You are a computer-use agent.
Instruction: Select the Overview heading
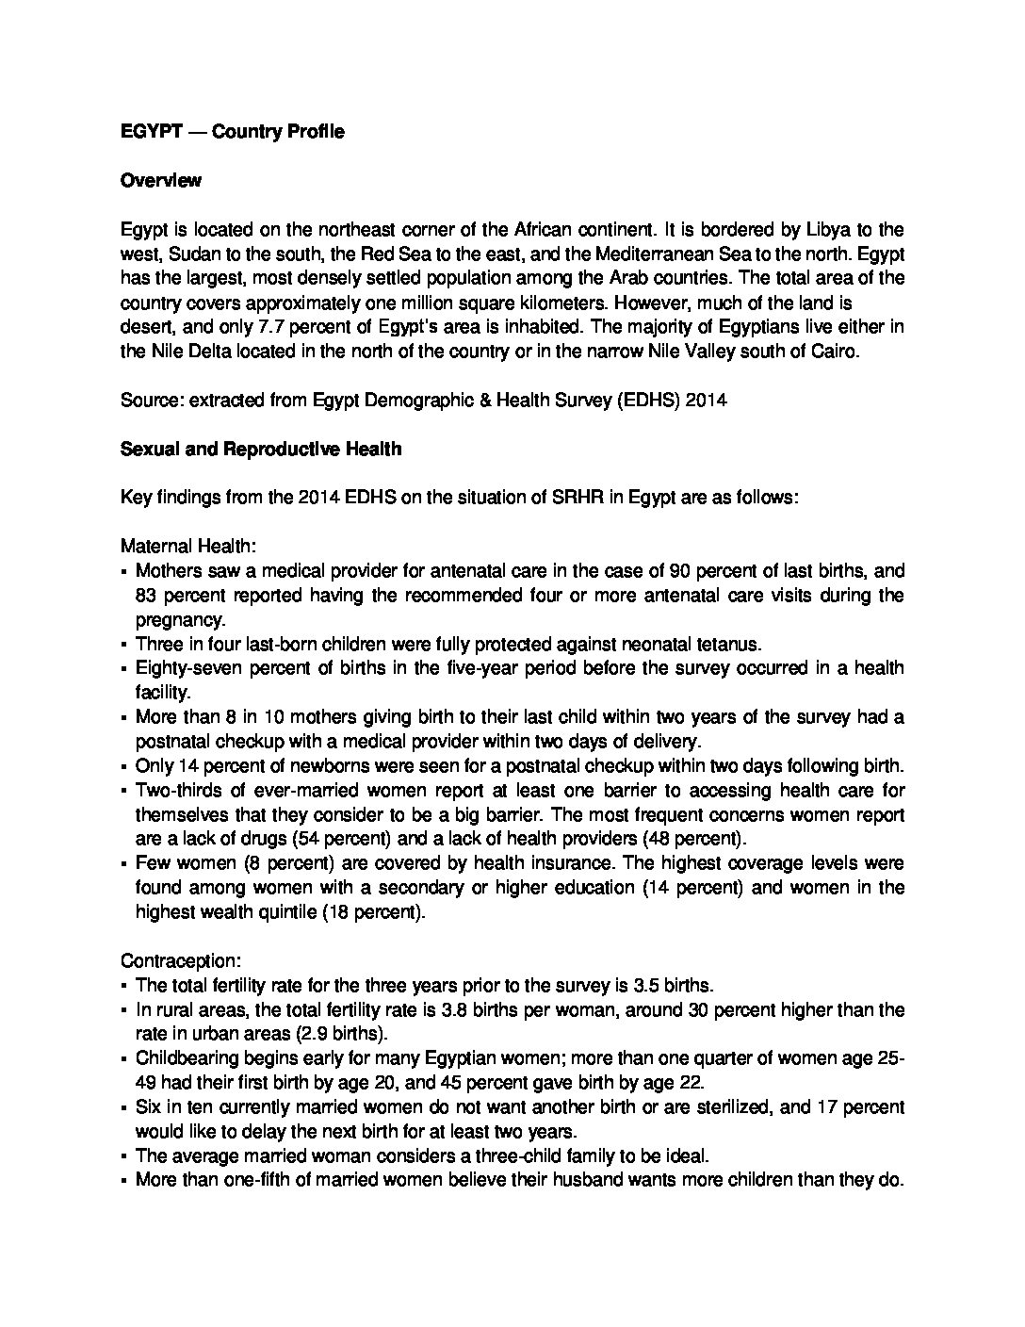[160, 180]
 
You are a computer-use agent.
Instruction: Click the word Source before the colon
[149, 400]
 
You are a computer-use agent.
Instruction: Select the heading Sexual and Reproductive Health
[261, 449]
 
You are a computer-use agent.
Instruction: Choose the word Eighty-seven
[183, 668]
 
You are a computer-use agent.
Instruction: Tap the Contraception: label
[182, 961]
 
